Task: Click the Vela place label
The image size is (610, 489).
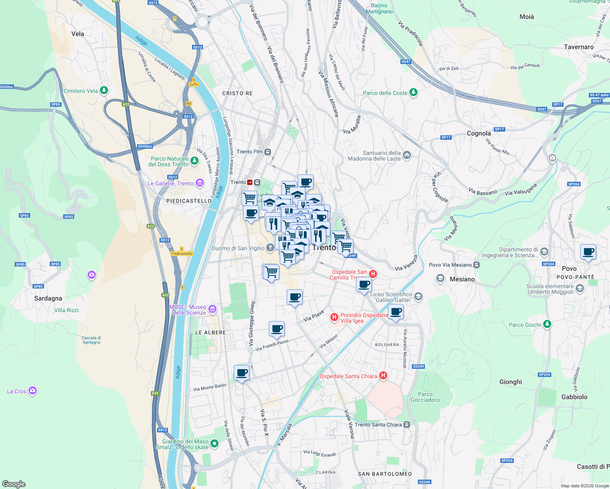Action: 77,34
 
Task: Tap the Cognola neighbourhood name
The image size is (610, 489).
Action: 479,133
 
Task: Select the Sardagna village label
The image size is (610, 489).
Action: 48,298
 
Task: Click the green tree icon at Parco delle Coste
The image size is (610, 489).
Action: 413,93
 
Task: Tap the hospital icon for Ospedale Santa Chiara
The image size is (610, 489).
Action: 383,376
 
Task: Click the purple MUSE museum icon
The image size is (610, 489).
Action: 212,310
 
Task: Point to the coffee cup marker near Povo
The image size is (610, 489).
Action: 588,252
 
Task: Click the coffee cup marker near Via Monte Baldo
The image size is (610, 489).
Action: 241,372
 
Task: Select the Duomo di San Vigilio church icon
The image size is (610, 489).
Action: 270,248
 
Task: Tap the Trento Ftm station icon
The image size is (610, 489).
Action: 267,152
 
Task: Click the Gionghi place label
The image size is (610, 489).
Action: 511,382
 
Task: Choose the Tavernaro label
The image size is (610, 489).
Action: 579,47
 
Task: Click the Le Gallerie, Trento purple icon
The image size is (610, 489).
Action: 199,183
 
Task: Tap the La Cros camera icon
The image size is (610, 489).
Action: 33,391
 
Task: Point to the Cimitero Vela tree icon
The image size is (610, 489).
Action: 104,90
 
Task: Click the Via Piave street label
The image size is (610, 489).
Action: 314,315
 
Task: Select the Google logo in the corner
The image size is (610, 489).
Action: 13,484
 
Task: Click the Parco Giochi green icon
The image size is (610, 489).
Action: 547,324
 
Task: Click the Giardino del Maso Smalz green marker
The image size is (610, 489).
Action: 214,444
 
